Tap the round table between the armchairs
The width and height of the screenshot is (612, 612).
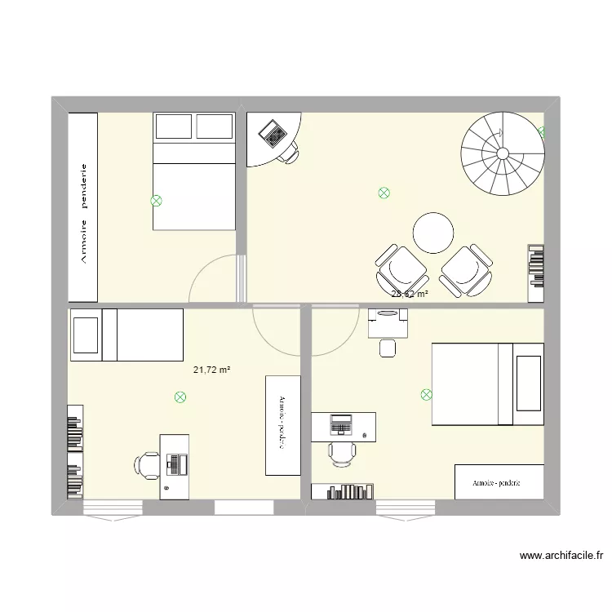[x=432, y=233]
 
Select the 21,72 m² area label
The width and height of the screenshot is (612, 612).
[x=211, y=370]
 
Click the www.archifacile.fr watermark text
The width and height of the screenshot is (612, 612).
[x=562, y=557]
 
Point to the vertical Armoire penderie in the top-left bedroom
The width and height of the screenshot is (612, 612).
[x=83, y=206]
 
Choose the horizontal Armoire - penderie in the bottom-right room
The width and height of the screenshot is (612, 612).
[x=499, y=482]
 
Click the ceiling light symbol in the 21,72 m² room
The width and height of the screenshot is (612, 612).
[x=180, y=397]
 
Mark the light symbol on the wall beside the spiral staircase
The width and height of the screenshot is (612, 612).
[x=543, y=131]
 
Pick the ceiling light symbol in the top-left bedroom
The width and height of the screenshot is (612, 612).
[x=156, y=200]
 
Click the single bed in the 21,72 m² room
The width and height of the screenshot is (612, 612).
[x=126, y=335]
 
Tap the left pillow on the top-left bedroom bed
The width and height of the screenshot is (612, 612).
[x=173, y=126]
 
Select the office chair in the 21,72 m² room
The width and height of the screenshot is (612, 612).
[x=147, y=465]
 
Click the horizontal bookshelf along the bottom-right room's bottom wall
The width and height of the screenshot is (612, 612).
[x=344, y=491]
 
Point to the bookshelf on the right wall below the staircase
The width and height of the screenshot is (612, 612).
[x=535, y=266]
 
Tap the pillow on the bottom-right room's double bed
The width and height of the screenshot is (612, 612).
[x=528, y=384]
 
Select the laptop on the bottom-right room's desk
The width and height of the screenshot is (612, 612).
[x=340, y=424]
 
